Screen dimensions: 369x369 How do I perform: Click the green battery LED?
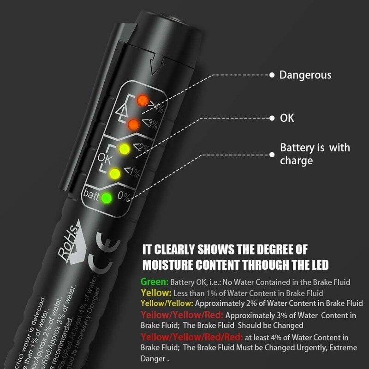coord(107,198)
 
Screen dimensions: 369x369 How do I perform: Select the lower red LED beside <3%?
coord(133,124)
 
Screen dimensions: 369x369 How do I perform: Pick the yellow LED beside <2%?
coord(123,149)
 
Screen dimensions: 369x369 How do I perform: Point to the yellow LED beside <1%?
coord(115,174)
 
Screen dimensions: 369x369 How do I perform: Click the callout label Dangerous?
coord(305,75)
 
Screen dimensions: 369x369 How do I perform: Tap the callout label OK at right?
coord(287,118)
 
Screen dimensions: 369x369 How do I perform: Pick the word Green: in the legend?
coord(155,282)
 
